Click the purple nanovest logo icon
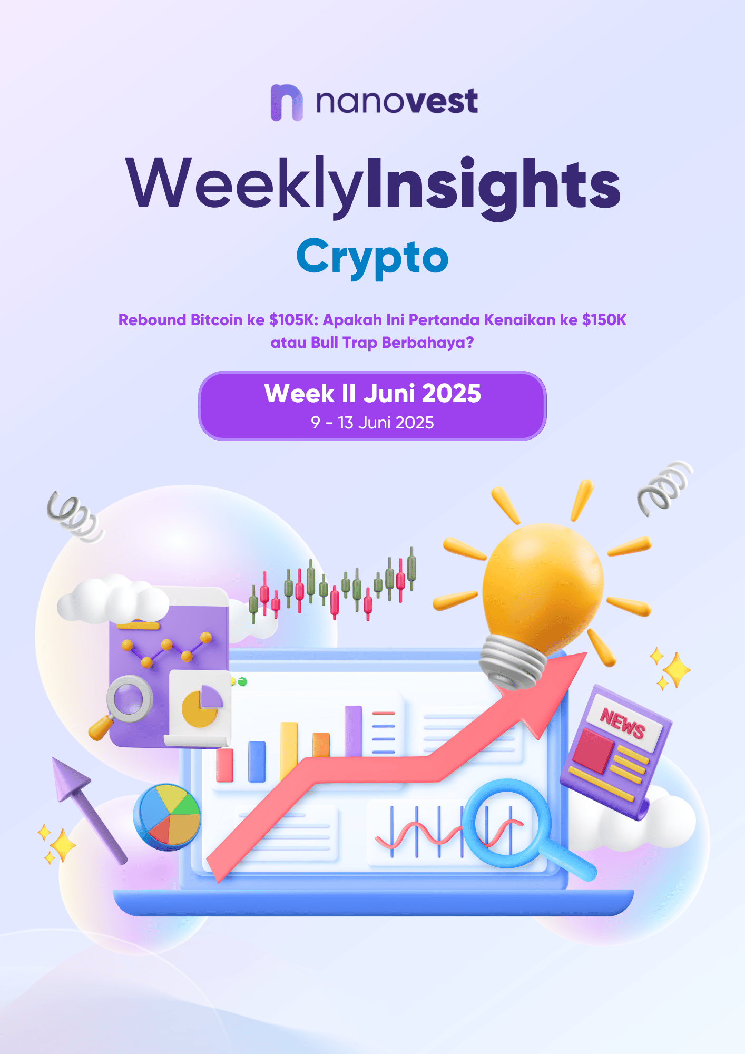pyautogui.click(x=287, y=103)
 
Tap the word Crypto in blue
pyautogui.click(x=372, y=257)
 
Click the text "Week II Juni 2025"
pyautogui.click(x=372, y=393)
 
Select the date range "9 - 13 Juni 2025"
pyautogui.click(x=372, y=423)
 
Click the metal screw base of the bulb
pyautogui.click(x=512, y=662)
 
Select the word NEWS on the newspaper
pyautogui.click(x=623, y=723)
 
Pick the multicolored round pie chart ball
pyautogui.click(x=167, y=817)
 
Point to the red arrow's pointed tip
pyautogui.click(x=587, y=652)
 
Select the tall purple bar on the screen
pyautogui.click(x=354, y=731)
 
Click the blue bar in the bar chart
pyautogui.click(x=257, y=762)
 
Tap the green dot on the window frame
pyautogui.click(x=242, y=682)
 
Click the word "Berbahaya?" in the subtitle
pyautogui.click(x=428, y=343)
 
